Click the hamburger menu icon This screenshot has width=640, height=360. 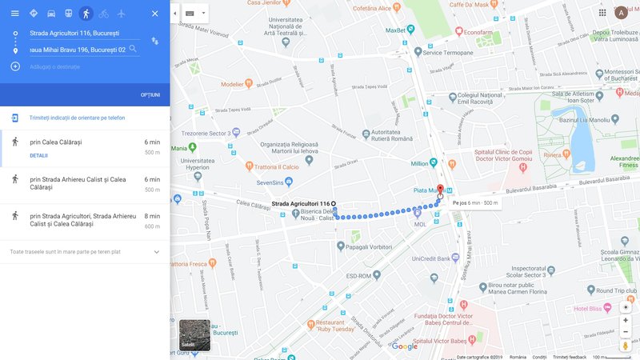(x=14, y=14)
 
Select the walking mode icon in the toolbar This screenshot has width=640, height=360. (x=86, y=14)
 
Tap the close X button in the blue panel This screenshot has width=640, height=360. (x=154, y=14)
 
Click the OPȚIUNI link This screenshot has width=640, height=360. (x=150, y=95)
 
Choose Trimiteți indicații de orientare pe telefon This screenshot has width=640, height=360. (x=77, y=118)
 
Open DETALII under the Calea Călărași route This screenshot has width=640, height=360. (x=38, y=155)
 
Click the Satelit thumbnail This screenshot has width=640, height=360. (x=194, y=335)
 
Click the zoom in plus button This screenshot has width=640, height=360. (x=626, y=319)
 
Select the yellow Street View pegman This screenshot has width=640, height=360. (x=626, y=346)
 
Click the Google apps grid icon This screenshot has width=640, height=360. (x=602, y=12)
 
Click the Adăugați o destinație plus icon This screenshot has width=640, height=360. (x=15, y=66)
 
